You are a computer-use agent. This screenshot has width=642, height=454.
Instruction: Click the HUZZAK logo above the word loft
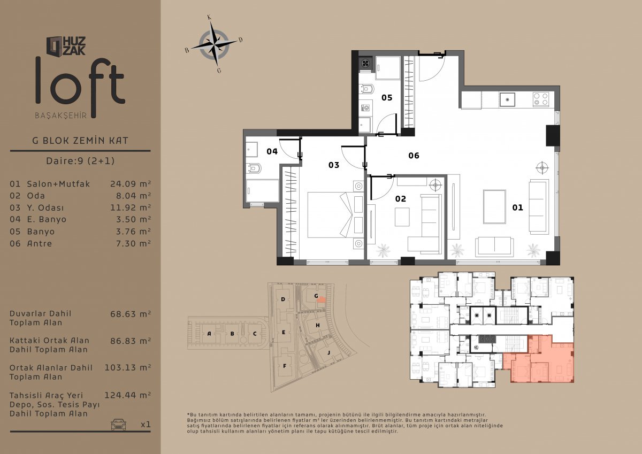point(66,46)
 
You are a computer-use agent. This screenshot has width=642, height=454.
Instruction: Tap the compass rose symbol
point(214,44)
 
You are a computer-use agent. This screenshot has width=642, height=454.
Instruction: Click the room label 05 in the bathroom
point(387,98)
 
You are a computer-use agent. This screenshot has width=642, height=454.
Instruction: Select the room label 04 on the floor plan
point(272,151)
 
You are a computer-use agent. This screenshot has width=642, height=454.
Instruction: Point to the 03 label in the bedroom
point(334,165)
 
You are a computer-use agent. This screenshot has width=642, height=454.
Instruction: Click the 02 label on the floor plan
point(400,199)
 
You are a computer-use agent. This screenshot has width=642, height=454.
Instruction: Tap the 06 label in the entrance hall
point(414,156)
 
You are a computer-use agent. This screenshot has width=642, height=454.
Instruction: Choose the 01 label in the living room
point(518,207)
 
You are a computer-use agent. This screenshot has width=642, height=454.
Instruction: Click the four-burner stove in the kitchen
point(541,99)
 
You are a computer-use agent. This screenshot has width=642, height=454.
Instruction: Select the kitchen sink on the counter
point(507,99)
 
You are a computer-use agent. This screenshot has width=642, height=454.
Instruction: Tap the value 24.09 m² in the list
point(131,183)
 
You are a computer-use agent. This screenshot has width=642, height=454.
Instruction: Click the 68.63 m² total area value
point(131,314)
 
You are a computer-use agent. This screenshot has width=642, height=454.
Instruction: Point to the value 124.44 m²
point(127,395)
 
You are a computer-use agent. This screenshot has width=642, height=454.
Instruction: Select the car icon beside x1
point(118,424)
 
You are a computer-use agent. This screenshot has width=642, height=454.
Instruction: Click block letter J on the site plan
point(328,352)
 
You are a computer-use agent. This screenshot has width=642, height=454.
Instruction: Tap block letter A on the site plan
point(209,334)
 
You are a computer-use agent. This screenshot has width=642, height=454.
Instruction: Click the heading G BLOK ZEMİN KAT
point(80,141)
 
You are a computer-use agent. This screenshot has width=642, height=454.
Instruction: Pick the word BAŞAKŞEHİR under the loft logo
point(61,116)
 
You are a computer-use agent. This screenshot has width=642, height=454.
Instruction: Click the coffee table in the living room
point(494,206)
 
